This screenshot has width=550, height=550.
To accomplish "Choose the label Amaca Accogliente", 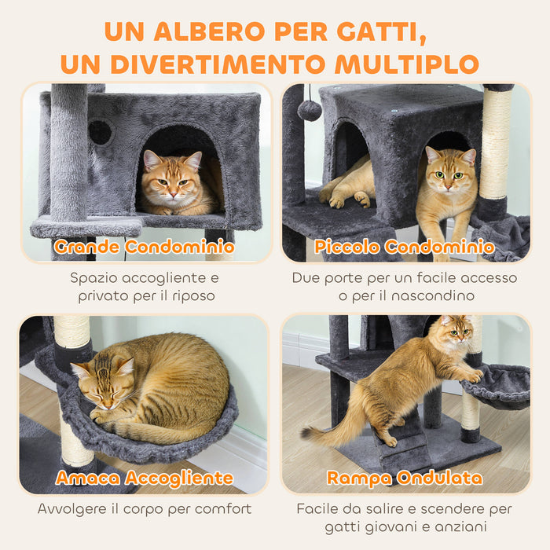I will pos(145,478).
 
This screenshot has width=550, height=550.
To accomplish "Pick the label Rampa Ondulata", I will pos(405,478).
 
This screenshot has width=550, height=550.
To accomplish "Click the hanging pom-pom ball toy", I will pos(310,110).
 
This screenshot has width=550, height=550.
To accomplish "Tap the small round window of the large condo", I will pos(100,132).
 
